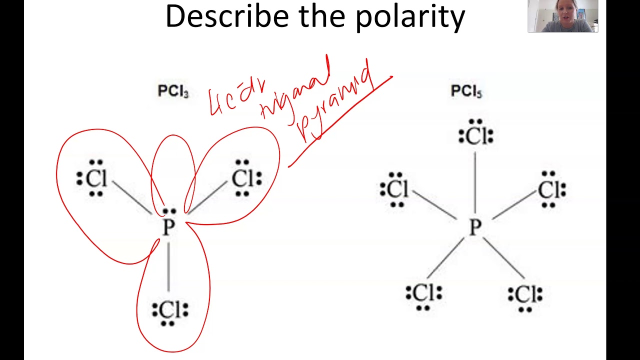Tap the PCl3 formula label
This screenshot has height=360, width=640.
[x=173, y=91]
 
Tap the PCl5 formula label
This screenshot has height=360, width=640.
[x=466, y=91]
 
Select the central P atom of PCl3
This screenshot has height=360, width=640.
[x=169, y=228]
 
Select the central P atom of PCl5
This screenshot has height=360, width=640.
[x=474, y=228]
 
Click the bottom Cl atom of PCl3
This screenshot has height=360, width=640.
[x=170, y=311]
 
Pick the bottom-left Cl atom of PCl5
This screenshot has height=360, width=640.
[x=424, y=293]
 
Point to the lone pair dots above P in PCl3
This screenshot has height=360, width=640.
[x=169, y=211]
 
